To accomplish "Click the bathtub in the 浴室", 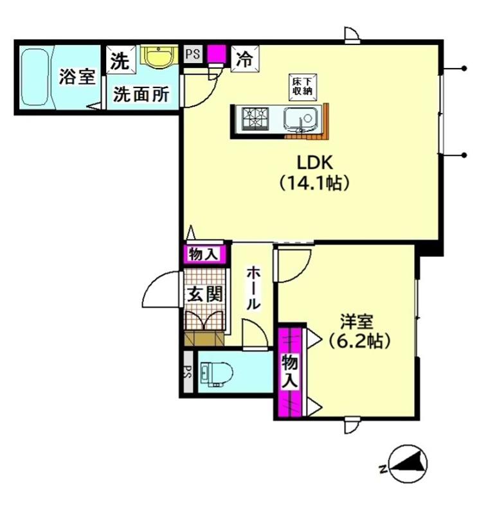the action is point(35,77).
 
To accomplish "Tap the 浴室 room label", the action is point(77,76).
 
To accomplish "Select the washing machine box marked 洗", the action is point(121,60).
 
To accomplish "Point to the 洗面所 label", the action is point(141,94).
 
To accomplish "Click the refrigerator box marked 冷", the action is point(245,59).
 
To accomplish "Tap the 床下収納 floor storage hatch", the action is point(303,87).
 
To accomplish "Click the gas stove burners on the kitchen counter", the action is point(255,118).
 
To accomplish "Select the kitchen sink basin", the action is point(300,118).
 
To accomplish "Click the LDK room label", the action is point(315,163).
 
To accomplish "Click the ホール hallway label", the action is point(253,287).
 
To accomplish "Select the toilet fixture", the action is point(216,373).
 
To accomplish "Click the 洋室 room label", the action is point(357,322).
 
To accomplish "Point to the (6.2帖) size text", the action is point(359,341).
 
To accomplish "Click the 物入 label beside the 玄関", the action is point(204,254).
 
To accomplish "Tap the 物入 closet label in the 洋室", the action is point(290,372).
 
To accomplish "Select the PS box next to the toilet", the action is point(188,371).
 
